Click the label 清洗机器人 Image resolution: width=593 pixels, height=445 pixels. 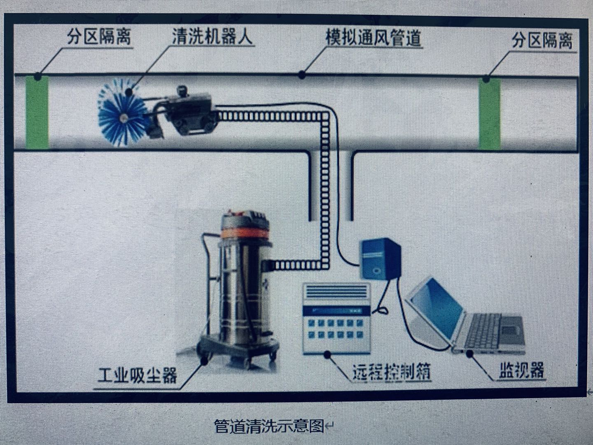point(212,37)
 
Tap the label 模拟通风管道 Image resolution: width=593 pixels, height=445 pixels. point(374,38)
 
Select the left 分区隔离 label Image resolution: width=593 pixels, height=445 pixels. point(99,37)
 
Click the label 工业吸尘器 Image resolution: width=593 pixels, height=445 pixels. point(138,375)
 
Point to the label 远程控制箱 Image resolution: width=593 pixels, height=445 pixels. point(392,372)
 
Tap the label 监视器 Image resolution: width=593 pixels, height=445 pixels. point(521,370)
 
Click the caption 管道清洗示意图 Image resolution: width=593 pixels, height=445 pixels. point(269,426)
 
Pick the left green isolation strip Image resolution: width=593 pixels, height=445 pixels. point(37,112)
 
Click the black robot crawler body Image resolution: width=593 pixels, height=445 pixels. point(191,111)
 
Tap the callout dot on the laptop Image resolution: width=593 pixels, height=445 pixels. point(470,353)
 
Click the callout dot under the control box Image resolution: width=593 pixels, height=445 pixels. point(327,354)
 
